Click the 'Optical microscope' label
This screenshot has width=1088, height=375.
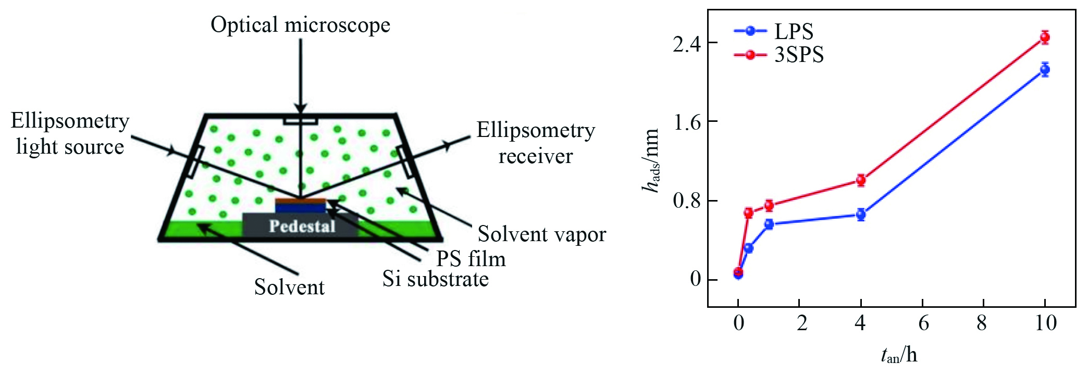(300, 25)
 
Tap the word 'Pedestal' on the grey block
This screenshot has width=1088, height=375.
(302, 226)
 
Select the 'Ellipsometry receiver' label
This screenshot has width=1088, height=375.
(536, 143)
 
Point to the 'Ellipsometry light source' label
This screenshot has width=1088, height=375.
(70, 134)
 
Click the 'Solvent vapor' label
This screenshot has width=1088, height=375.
(542, 234)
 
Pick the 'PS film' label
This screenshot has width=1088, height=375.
(471, 259)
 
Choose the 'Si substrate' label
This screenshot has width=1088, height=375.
(436, 279)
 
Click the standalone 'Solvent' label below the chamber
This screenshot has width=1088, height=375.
(289, 287)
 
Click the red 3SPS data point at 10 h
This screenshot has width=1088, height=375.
(1044, 37)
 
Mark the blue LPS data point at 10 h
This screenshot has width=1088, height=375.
(1044, 69)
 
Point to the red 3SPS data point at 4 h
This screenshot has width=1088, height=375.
(861, 180)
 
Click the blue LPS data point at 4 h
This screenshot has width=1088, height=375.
(861, 214)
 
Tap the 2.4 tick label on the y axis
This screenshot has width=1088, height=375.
(687, 44)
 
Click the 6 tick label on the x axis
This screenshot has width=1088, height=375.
(923, 323)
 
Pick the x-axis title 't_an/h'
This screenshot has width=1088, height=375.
(899, 355)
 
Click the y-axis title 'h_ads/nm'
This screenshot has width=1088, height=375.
(651, 160)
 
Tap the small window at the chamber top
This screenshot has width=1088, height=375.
(301, 121)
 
